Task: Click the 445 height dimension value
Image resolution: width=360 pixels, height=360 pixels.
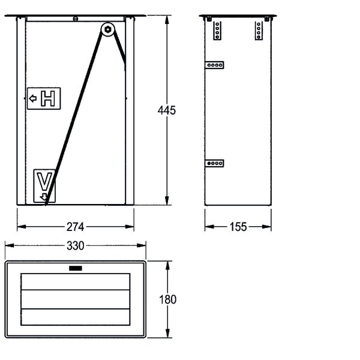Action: click(167, 110)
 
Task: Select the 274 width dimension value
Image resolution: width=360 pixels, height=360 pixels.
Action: click(76, 227)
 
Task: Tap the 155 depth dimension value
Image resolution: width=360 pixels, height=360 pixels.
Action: click(238, 227)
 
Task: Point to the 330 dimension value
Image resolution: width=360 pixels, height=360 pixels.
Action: click(76, 245)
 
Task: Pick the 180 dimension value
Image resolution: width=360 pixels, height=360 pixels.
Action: click(168, 299)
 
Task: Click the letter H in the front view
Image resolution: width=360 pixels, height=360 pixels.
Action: click(48, 98)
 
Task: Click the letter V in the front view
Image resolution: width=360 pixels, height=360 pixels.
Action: click(44, 182)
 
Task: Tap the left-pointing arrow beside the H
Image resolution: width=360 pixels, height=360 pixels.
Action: click(33, 98)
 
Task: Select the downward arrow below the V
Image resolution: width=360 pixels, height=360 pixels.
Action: click(43, 197)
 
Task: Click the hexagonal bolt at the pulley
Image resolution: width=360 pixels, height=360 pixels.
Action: click(107, 29)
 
